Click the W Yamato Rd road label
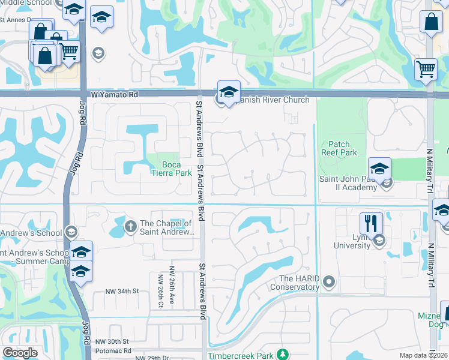pos(115,95)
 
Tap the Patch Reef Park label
pos(343,148)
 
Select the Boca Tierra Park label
pos(178,170)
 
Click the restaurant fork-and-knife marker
pos(371,224)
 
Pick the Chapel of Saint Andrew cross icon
pos(130,226)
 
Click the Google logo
pos(20,352)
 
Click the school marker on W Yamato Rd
pos(229,92)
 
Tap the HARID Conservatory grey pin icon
pos(328,281)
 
